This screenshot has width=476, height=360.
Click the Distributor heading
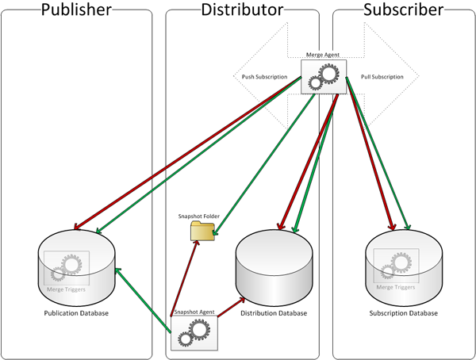[x=242, y=10]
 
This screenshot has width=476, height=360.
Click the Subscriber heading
[x=403, y=10]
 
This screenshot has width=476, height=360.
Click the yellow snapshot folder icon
[x=202, y=230]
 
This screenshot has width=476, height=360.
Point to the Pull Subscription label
[x=382, y=77]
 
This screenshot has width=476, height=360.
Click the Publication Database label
[x=76, y=312]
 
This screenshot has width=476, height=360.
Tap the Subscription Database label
[x=403, y=312]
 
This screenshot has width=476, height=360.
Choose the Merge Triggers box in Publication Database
[x=67, y=269]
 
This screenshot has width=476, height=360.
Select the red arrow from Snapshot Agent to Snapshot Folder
[x=183, y=278]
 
